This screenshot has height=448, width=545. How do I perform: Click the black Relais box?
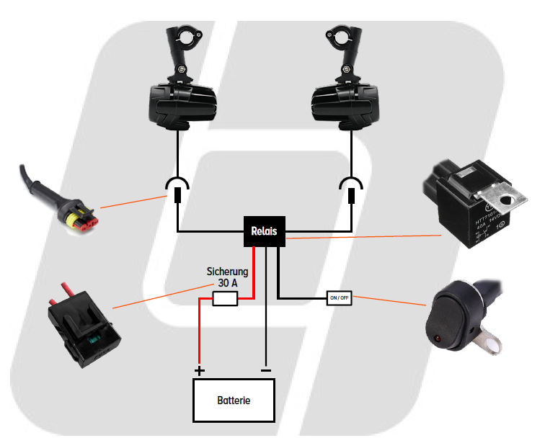click(x=265, y=231)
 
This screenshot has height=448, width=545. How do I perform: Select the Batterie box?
click(x=234, y=400)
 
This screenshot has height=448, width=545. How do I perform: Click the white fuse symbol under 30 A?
click(x=225, y=300)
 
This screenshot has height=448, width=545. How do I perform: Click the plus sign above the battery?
click(x=200, y=371)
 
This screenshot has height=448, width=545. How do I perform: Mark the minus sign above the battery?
click(x=266, y=370)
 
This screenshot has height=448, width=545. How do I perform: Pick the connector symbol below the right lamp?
click(x=351, y=189)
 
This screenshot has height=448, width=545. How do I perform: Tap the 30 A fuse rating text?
click(x=227, y=283)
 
